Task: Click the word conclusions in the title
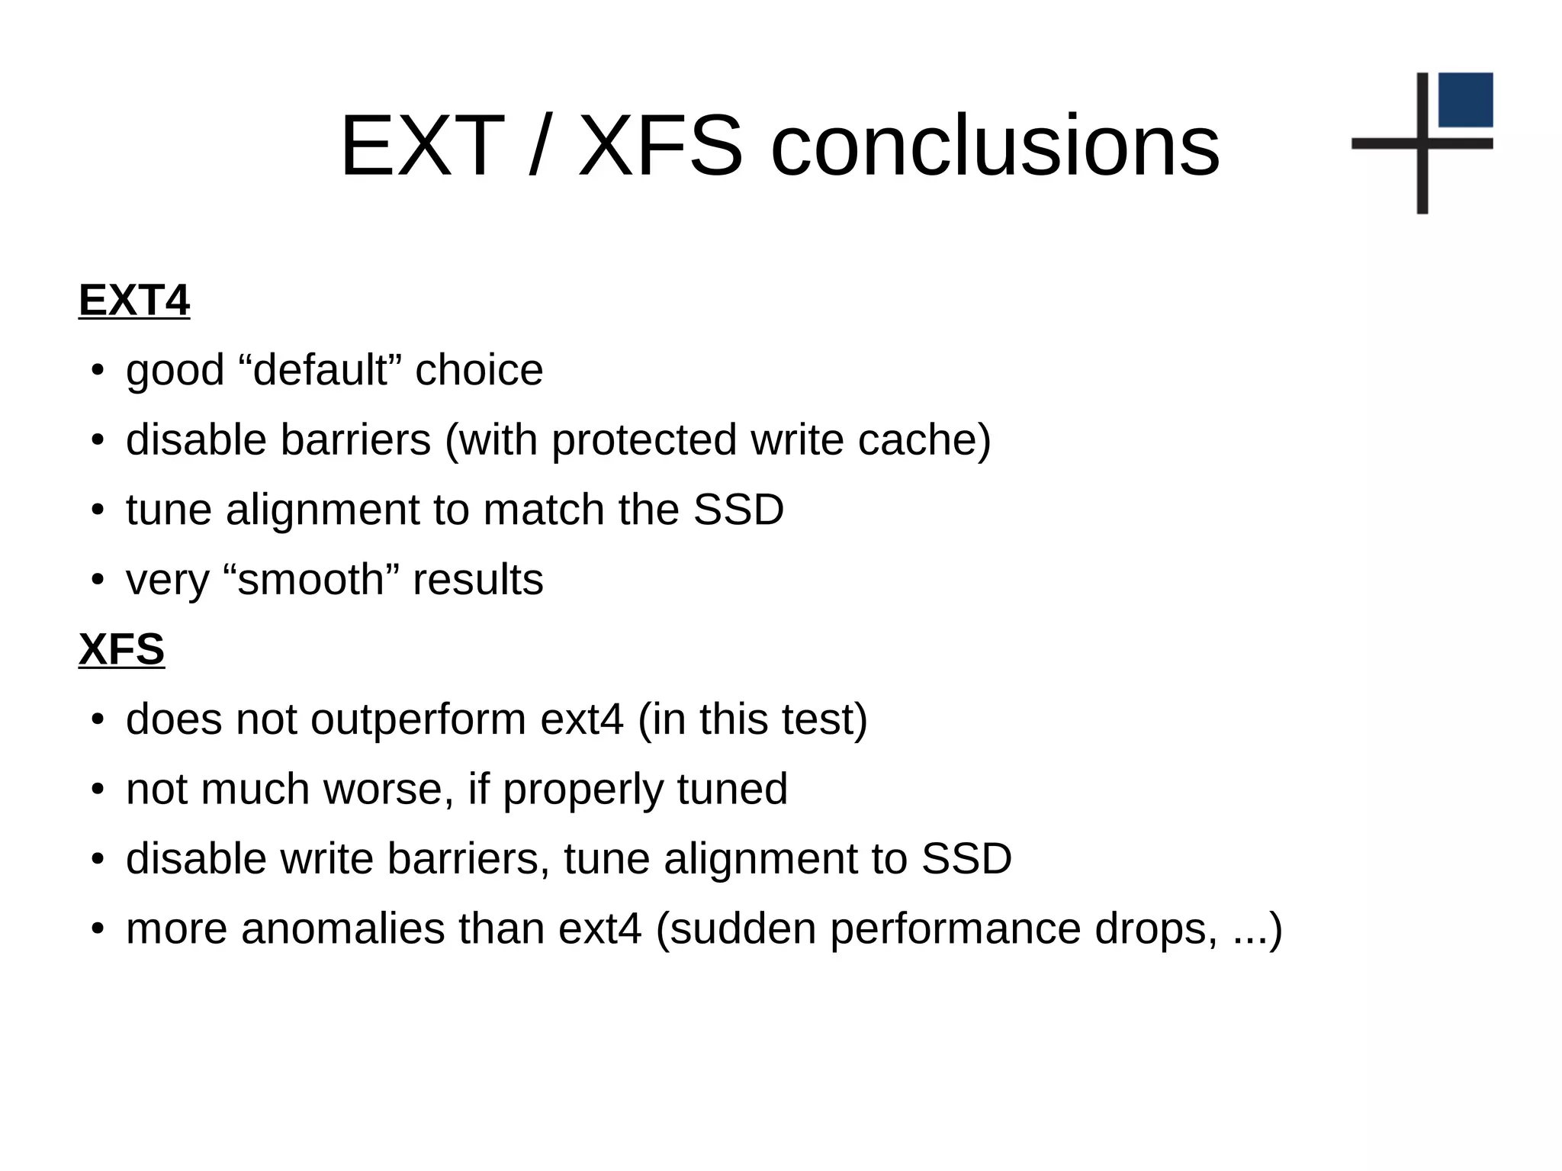[995, 146]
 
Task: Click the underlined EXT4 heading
[134, 301]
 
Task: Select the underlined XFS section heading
[121, 650]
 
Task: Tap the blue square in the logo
[1465, 100]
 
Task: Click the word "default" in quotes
[320, 370]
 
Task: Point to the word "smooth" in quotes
[312, 580]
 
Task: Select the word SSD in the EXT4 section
[738, 510]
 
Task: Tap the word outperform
[419, 719]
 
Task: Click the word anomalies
[343, 929]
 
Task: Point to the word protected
[644, 440]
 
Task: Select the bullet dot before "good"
[97, 372]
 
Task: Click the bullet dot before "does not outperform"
[97, 721]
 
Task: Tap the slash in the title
[539, 146]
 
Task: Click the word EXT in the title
[422, 146]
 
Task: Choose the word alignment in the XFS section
[760, 859]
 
